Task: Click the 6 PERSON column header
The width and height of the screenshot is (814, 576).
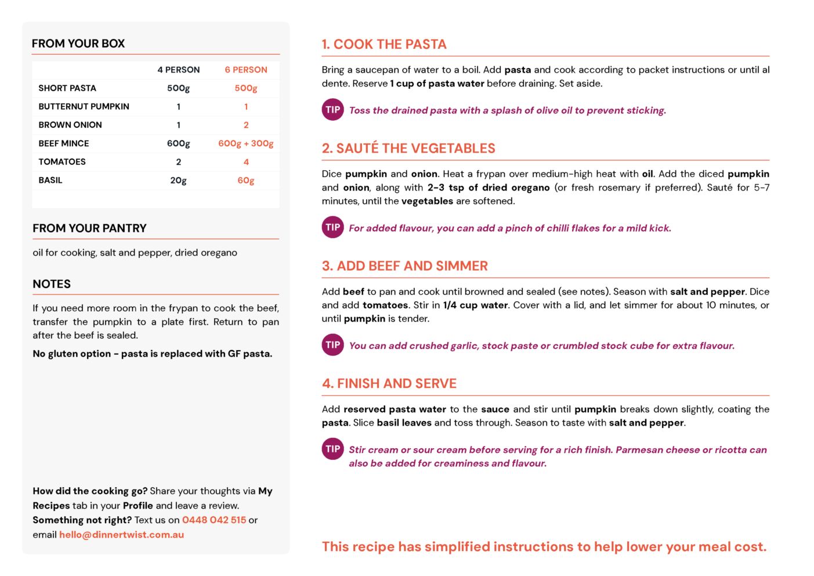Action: (246, 70)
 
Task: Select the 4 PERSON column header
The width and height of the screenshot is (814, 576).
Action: (178, 70)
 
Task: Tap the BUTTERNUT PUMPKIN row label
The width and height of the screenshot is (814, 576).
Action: (84, 106)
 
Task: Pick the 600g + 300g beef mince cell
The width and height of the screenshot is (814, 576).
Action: (246, 143)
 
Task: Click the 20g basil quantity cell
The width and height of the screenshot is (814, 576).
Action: (178, 180)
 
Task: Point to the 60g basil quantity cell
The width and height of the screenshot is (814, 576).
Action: (246, 180)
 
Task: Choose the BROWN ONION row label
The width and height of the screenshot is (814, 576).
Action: (70, 125)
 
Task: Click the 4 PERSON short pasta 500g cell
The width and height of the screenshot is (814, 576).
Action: (178, 88)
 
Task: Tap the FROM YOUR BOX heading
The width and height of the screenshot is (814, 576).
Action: (78, 44)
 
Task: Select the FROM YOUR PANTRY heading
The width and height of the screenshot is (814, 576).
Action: (89, 228)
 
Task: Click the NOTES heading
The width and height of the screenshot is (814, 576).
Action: (52, 284)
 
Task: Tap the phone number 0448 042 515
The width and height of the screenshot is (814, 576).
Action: (214, 520)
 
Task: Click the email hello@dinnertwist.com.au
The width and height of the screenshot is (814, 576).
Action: (121, 534)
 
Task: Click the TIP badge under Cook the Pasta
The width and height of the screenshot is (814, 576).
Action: (333, 110)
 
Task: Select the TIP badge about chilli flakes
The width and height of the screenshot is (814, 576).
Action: (333, 227)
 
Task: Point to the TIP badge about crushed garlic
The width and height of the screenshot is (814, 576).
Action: (333, 345)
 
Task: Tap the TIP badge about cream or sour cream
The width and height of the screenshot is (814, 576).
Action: (333, 449)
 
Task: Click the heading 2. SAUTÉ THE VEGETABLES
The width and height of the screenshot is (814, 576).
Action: (408, 148)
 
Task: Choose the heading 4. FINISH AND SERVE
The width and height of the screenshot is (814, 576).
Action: (389, 383)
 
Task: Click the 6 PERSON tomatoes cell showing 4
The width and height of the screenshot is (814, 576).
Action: (246, 162)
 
